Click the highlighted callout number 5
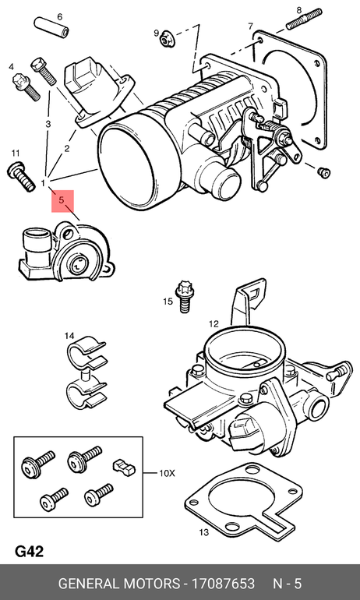pyautogui.click(x=62, y=199)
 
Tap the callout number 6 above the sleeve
pyautogui.click(x=60, y=17)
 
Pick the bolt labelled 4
pyautogui.click(x=26, y=86)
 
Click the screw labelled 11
pyautogui.click(x=21, y=177)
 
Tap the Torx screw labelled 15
pyautogui.click(x=185, y=297)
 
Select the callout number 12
pyautogui.click(x=214, y=324)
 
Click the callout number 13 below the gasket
pyautogui.click(x=204, y=532)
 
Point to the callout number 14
pyautogui.click(x=69, y=336)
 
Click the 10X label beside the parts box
pyautogui.click(x=167, y=473)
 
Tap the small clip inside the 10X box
pyautogui.click(x=124, y=467)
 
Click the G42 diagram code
pyautogui.click(x=29, y=552)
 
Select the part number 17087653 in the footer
pyautogui.click(x=223, y=584)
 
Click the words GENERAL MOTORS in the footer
pyautogui.click(x=119, y=584)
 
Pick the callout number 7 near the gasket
pyautogui.click(x=250, y=26)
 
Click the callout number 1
pyautogui.click(x=44, y=183)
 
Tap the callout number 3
pyautogui.click(x=48, y=124)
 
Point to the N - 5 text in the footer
pyautogui.click(x=287, y=584)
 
